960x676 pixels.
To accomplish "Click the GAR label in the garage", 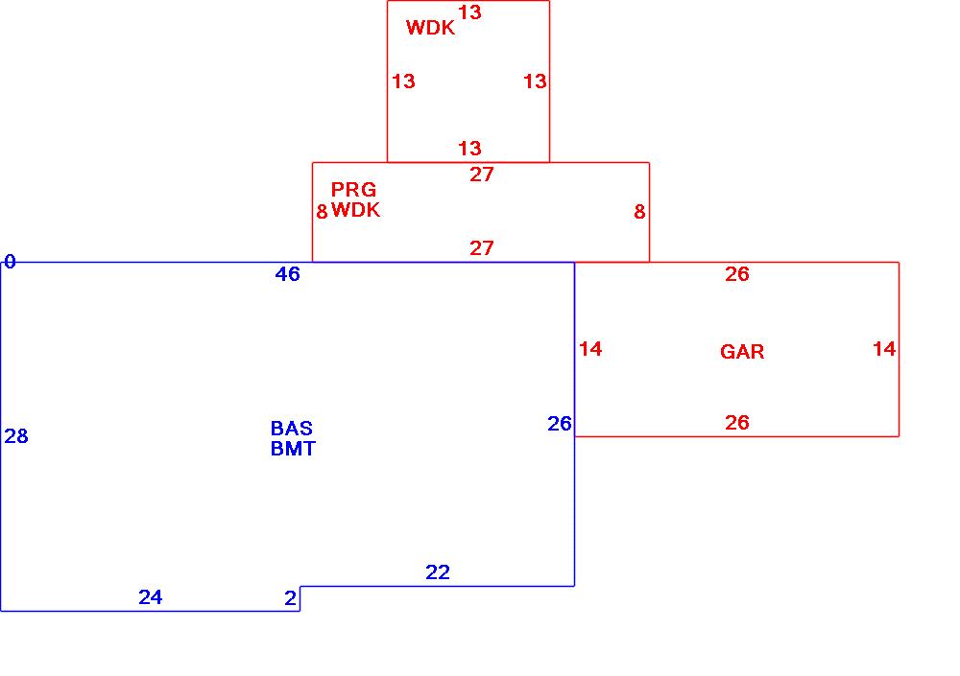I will [x=742, y=352].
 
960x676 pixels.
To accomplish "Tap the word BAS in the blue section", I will [x=292, y=429].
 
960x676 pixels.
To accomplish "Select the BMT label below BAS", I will [x=293, y=448].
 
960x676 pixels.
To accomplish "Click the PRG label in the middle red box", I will [x=354, y=190].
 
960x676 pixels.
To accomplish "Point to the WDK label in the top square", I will [x=430, y=28].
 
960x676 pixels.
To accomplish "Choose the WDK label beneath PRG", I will [x=356, y=210].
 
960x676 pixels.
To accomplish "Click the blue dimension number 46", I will [x=287, y=274].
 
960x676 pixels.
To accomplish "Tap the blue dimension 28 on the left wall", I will [x=16, y=436].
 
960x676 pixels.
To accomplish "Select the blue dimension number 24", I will [x=151, y=597].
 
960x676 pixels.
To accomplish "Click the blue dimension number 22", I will [x=438, y=572].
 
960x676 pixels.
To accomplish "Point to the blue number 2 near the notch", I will [x=290, y=598].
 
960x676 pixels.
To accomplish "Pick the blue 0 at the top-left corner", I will [x=10, y=261].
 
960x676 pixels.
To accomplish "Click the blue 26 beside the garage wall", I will [x=560, y=423].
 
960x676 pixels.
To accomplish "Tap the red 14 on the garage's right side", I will [x=884, y=349].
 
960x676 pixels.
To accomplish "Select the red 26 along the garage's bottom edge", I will [x=736, y=423].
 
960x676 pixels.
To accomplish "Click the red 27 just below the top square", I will [x=482, y=174].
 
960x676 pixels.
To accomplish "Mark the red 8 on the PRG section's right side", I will [x=639, y=212].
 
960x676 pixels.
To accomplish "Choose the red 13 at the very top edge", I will [x=469, y=12].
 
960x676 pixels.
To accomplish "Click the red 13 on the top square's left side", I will [x=404, y=82].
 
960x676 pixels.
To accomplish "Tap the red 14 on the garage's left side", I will [x=590, y=349].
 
